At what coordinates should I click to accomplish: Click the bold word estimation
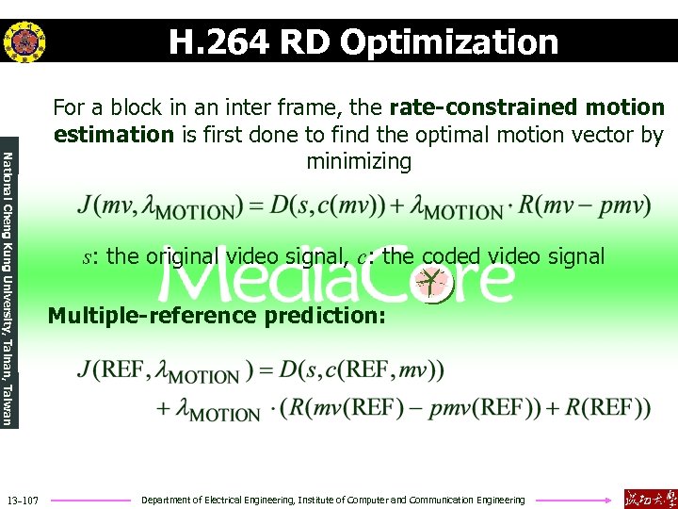click(x=114, y=135)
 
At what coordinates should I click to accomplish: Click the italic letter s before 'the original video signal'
click(x=88, y=257)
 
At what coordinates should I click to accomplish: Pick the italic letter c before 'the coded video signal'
click(x=362, y=257)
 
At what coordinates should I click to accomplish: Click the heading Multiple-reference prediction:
click(x=217, y=315)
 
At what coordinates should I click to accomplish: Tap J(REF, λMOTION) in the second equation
click(x=161, y=369)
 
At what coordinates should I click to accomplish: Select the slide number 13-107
click(x=22, y=500)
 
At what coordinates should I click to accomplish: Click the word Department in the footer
click(x=167, y=500)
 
